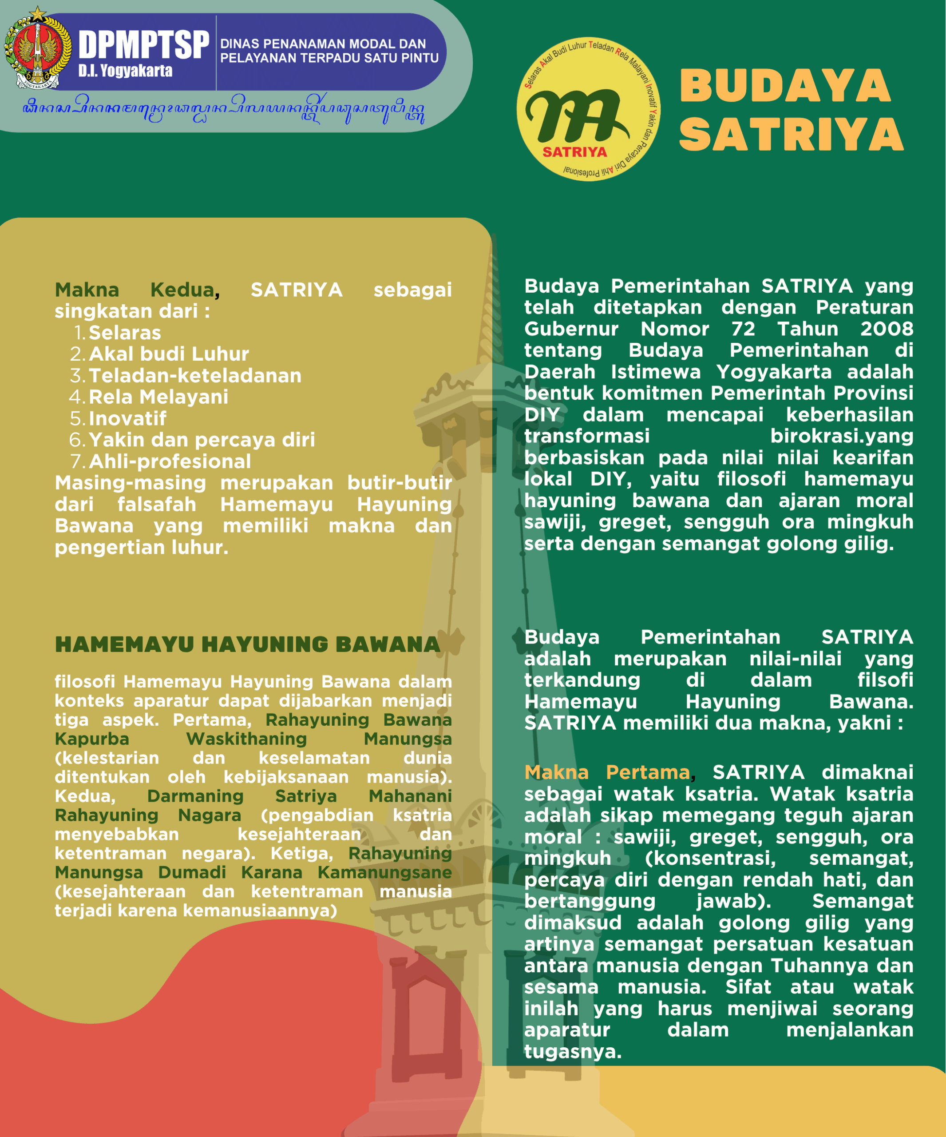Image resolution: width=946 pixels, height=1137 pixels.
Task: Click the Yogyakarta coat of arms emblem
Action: (x=37, y=48)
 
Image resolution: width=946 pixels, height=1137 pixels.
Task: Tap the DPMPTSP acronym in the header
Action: (x=143, y=44)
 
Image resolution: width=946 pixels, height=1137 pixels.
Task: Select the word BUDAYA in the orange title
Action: (x=785, y=86)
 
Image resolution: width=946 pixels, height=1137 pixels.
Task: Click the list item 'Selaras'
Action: (x=124, y=332)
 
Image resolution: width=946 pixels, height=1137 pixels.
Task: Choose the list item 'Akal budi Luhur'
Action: (x=168, y=354)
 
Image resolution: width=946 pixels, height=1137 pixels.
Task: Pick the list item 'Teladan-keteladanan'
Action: (x=195, y=376)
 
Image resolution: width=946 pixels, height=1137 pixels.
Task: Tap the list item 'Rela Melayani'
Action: (x=158, y=397)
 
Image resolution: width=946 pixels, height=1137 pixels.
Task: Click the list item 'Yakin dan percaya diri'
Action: (x=202, y=440)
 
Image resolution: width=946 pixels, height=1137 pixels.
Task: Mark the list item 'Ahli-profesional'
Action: (x=170, y=461)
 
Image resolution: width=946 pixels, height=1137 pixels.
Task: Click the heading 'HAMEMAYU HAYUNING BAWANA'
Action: (x=247, y=644)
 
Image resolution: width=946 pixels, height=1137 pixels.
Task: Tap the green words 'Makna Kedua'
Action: (x=134, y=290)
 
